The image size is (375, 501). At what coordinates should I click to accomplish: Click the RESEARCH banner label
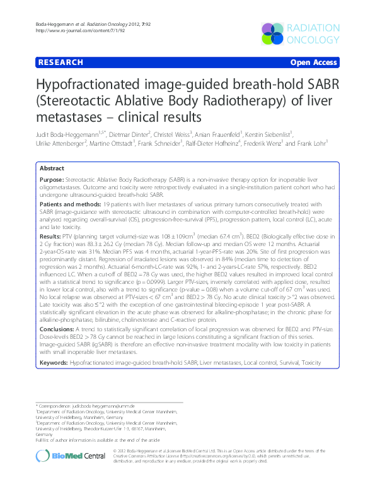60,62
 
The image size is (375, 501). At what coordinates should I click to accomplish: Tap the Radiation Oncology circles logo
275,33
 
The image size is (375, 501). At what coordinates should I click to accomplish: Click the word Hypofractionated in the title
100,86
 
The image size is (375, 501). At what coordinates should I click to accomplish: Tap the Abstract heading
52,169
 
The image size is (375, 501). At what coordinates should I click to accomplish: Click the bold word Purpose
52,180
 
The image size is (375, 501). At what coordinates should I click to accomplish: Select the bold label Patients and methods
69,205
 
